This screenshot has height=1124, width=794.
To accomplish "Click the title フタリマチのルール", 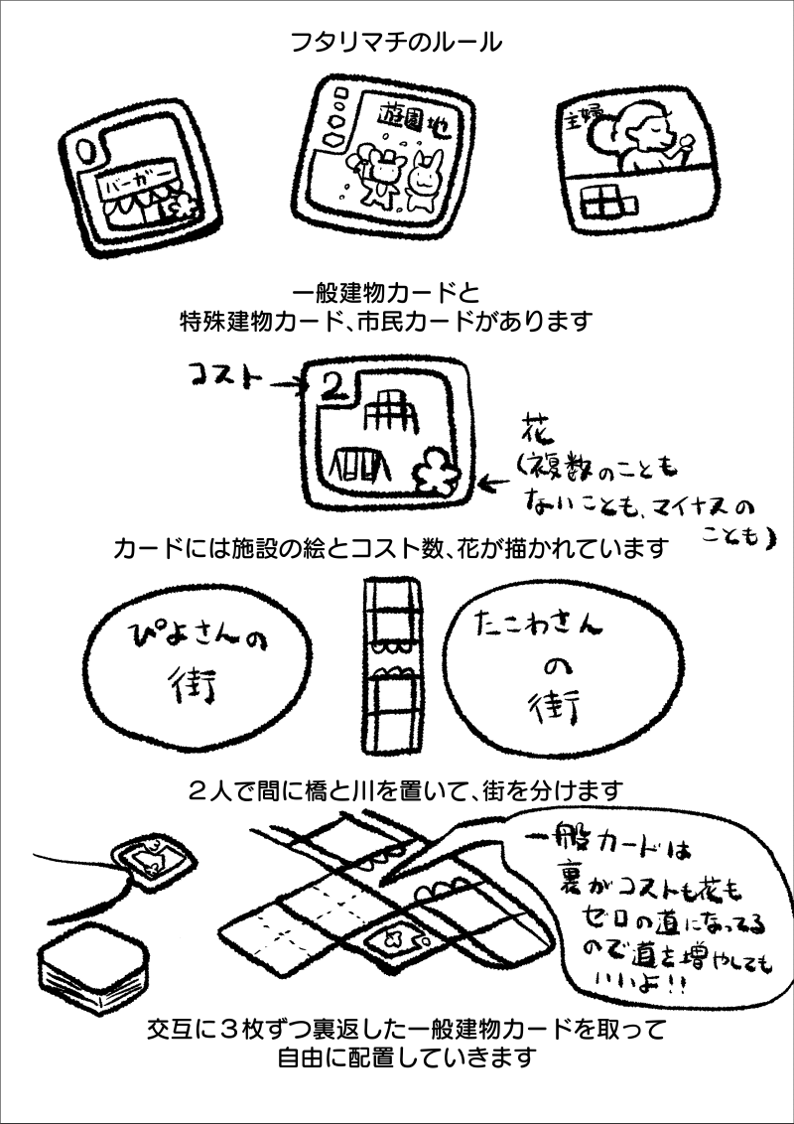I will (396, 44).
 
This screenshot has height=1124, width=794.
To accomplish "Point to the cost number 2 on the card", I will (335, 384).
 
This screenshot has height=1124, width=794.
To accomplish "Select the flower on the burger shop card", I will (180, 207).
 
